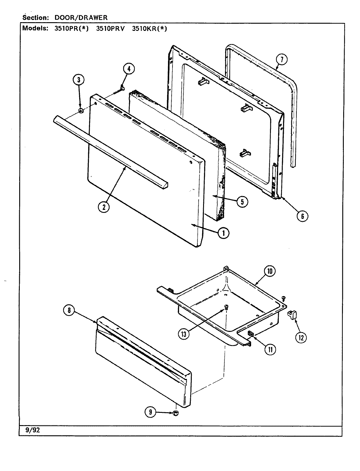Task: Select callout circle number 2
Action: click(x=103, y=207)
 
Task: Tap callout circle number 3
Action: click(x=79, y=80)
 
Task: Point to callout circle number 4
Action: click(x=128, y=69)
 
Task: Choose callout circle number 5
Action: click(x=242, y=201)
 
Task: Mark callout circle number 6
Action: click(x=302, y=216)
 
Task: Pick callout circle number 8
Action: click(x=69, y=311)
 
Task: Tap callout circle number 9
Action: click(x=150, y=413)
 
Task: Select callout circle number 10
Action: click(x=269, y=271)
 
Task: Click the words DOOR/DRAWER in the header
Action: click(x=81, y=18)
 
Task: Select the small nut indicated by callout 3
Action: click(x=81, y=111)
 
